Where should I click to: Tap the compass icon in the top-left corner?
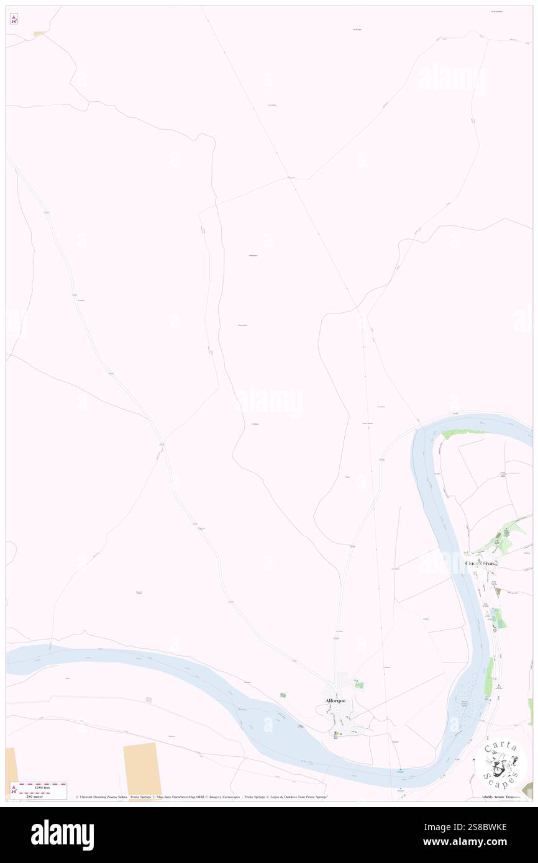tap(14, 19)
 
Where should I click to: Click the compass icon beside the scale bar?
tap(14, 791)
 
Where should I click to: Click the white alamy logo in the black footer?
tap(62, 835)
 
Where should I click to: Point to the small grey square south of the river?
tap(149, 700)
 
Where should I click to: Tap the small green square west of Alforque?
tap(283, 695)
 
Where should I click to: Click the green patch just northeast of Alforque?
tap(358, 684)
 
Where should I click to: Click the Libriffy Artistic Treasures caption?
tap(503, 797)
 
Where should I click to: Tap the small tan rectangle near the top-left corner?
tap(39, 34)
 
